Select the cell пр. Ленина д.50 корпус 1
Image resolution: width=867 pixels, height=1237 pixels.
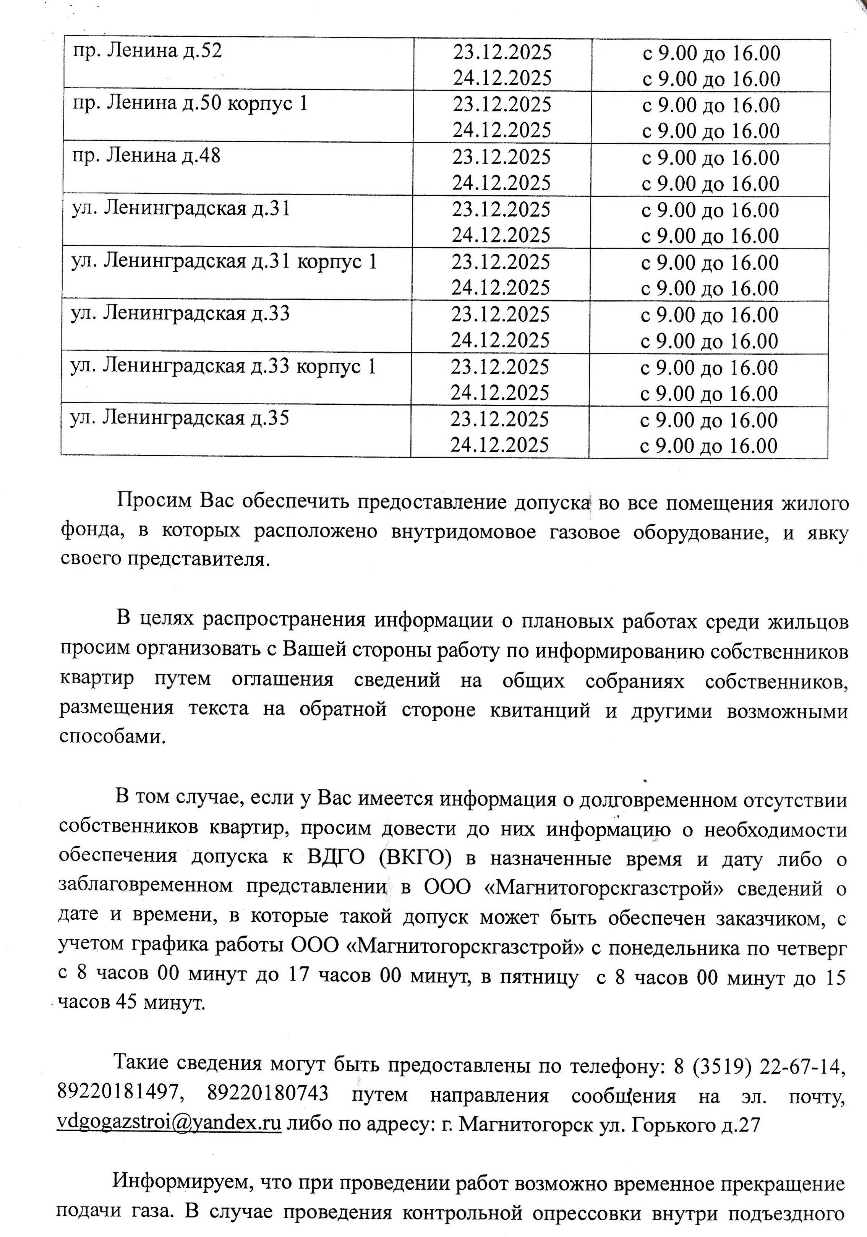click(190, 104)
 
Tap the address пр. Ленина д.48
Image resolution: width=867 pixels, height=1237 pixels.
click(146, 156)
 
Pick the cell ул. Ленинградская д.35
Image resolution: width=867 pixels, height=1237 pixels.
click(180, 418)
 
